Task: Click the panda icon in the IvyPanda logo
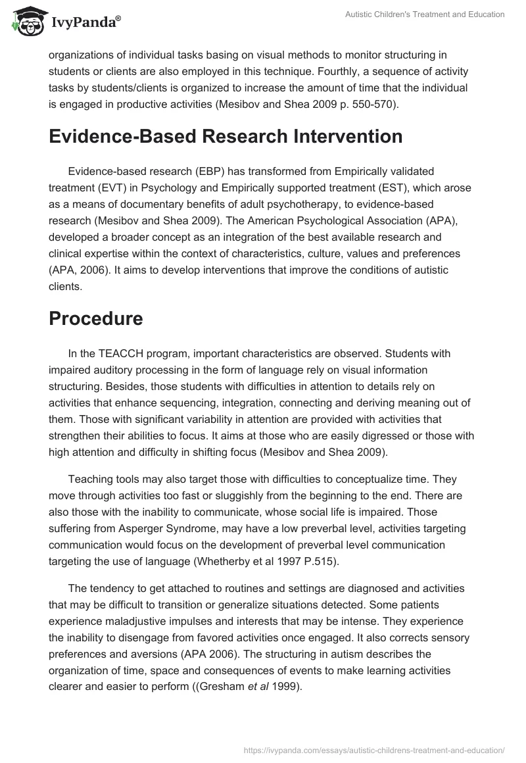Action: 26,21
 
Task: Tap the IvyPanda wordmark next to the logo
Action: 84,22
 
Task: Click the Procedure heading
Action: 95,319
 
